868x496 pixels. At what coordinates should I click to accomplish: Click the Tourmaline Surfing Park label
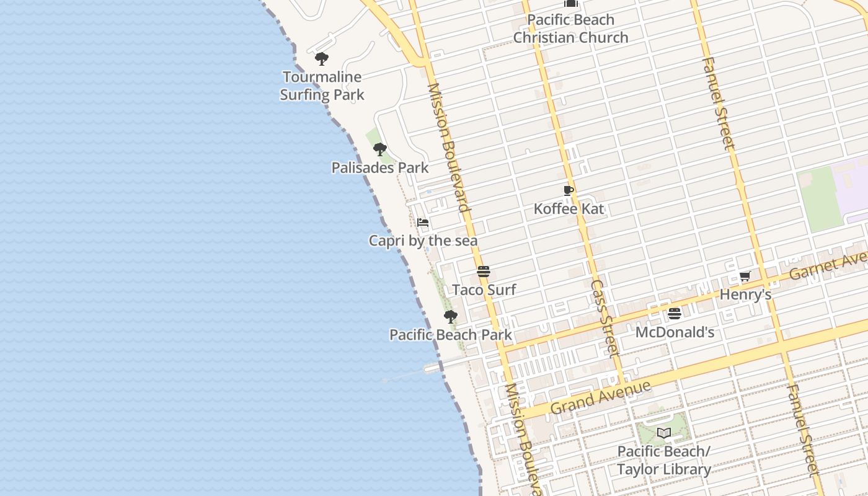click(322, 86)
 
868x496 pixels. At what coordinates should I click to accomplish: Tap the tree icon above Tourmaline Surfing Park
click(321, 59)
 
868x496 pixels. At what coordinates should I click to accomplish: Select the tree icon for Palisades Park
click(380, 149)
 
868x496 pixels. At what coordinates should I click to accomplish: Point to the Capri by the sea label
click(423, 241)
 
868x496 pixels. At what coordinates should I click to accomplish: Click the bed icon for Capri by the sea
click(423, 223)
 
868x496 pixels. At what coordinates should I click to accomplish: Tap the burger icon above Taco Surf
click(484, 272)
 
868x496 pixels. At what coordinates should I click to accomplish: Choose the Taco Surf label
click(484, 290)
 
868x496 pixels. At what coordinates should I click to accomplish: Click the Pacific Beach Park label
click(451, 335)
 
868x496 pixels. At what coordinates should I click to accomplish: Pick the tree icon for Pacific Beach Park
click(451, 317)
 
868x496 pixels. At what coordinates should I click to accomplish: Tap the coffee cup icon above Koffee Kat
click(569, 191)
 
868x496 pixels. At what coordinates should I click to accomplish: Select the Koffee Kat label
click(569, 209)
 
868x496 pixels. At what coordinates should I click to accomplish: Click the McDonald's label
click(675, 332)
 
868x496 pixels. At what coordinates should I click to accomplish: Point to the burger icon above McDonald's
click(675, 314)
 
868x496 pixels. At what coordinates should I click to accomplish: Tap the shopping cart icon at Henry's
click(745, 277)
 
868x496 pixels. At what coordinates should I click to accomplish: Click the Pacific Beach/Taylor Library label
click(664, 460)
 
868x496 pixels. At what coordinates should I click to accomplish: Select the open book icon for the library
click(664, 433)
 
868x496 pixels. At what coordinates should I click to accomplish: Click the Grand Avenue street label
click(600, 397)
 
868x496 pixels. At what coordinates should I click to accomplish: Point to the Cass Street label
click(604, 318)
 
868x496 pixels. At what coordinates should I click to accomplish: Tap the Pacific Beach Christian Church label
click(570, 29)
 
